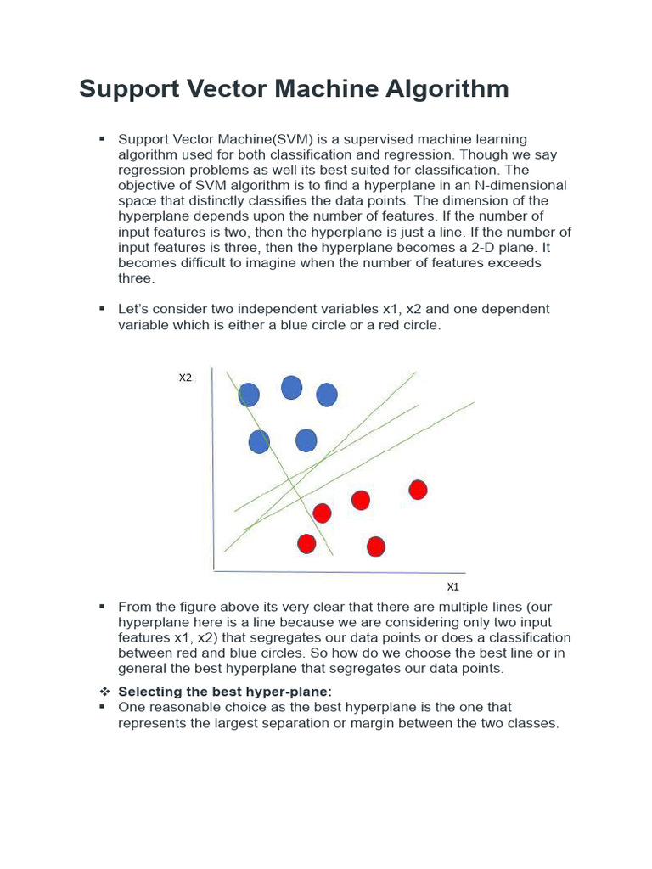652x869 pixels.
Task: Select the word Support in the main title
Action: coord(126,89)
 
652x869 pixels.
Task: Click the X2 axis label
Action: coord(185,378)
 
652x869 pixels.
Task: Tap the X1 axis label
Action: coord(452,586)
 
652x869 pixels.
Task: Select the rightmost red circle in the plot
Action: coord(418,490)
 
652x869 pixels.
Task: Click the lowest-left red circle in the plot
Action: coord(306,543)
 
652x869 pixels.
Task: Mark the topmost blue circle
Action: coord(291,388)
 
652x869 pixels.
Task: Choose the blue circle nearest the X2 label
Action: coord(249,395)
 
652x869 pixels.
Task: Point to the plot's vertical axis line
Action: coord(211,475)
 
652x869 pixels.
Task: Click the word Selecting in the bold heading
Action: coord(148,692)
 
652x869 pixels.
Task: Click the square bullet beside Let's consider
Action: coord(102,309)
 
